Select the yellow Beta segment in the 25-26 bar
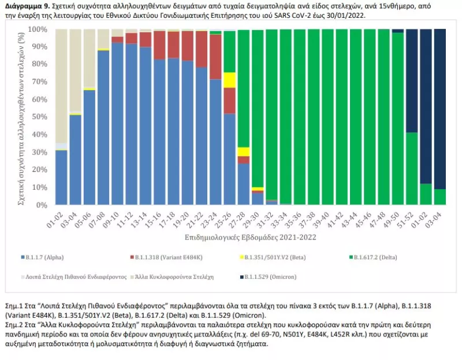pos(229,80)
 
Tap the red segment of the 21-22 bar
pos(202,49)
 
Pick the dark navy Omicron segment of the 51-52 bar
pos(412,81)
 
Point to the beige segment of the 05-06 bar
pos(89,58)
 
